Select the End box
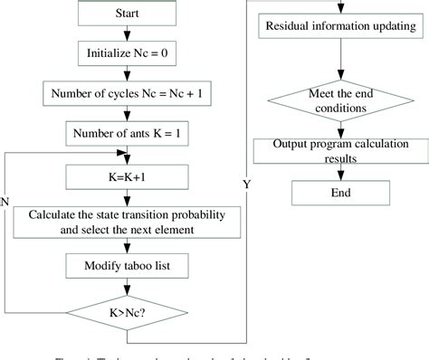339,193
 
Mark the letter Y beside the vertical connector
245,184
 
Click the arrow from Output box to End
339,173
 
